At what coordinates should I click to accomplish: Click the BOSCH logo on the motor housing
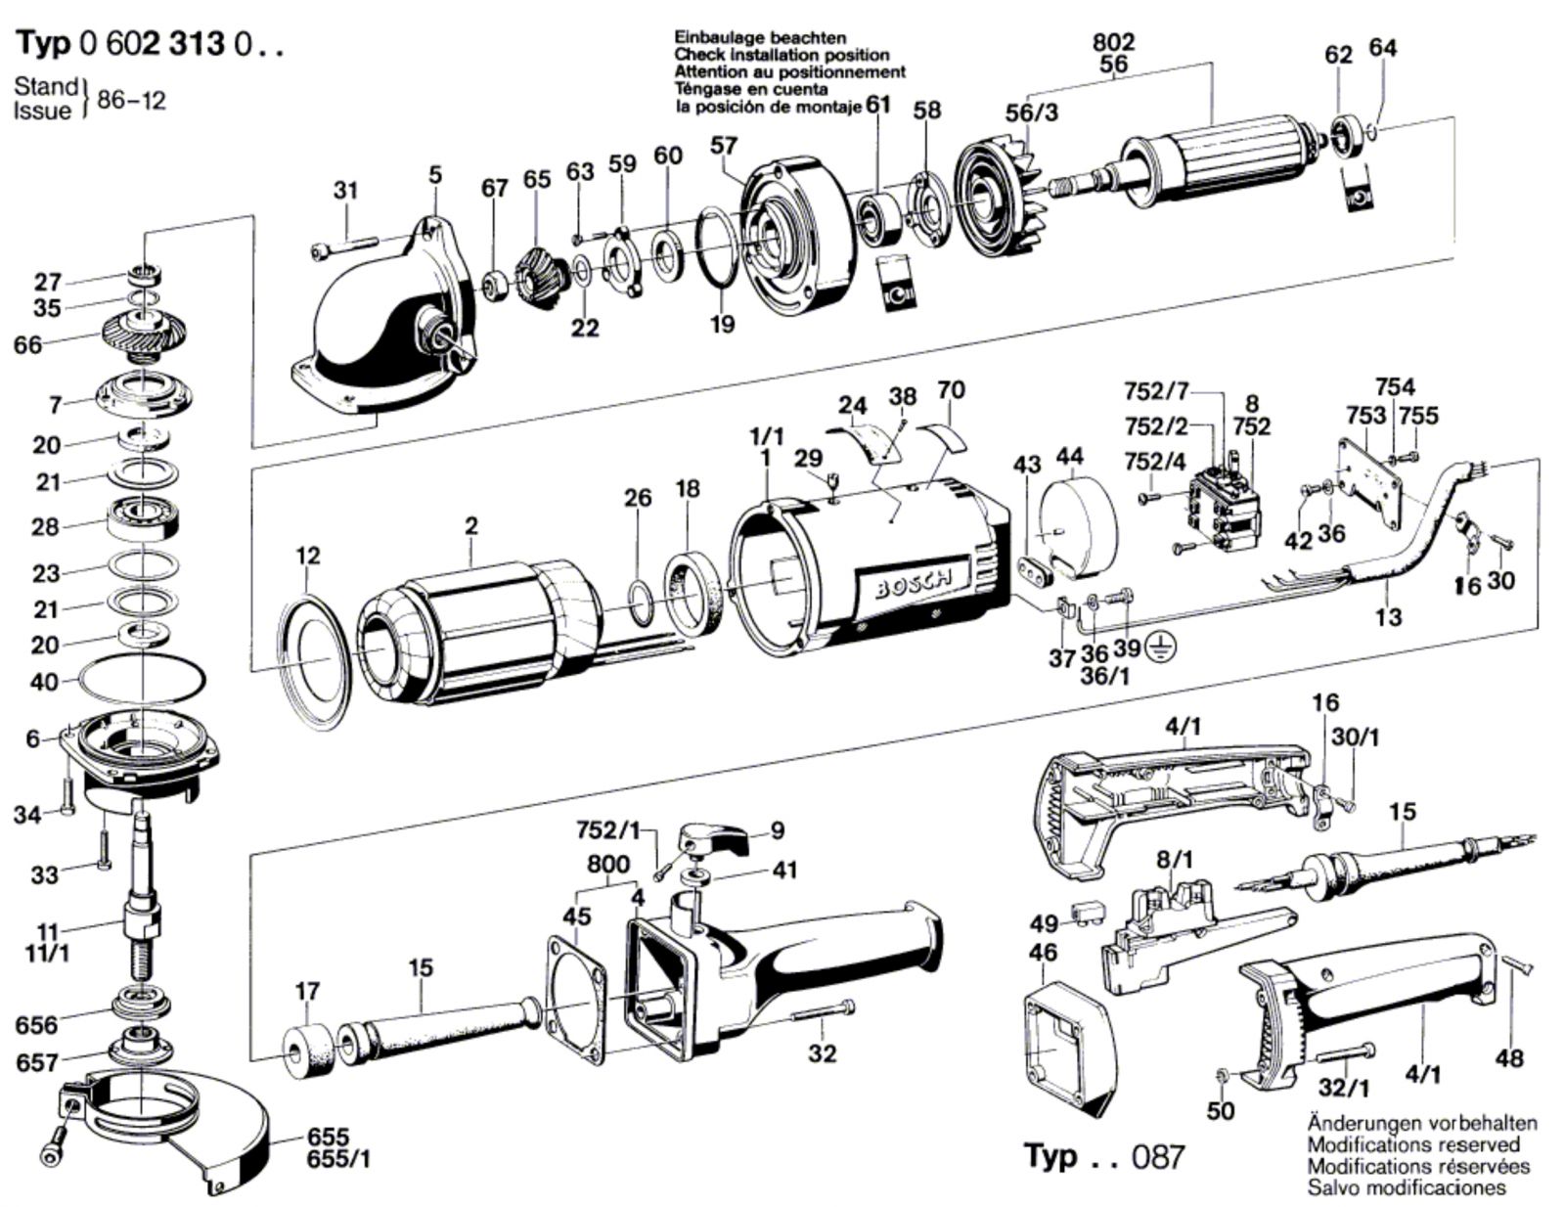click(912, 584)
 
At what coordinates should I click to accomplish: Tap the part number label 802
click(1113, 42)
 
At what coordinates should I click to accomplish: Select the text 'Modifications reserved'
click(1413, 1144)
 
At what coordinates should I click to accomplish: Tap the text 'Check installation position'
click(782, 55)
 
